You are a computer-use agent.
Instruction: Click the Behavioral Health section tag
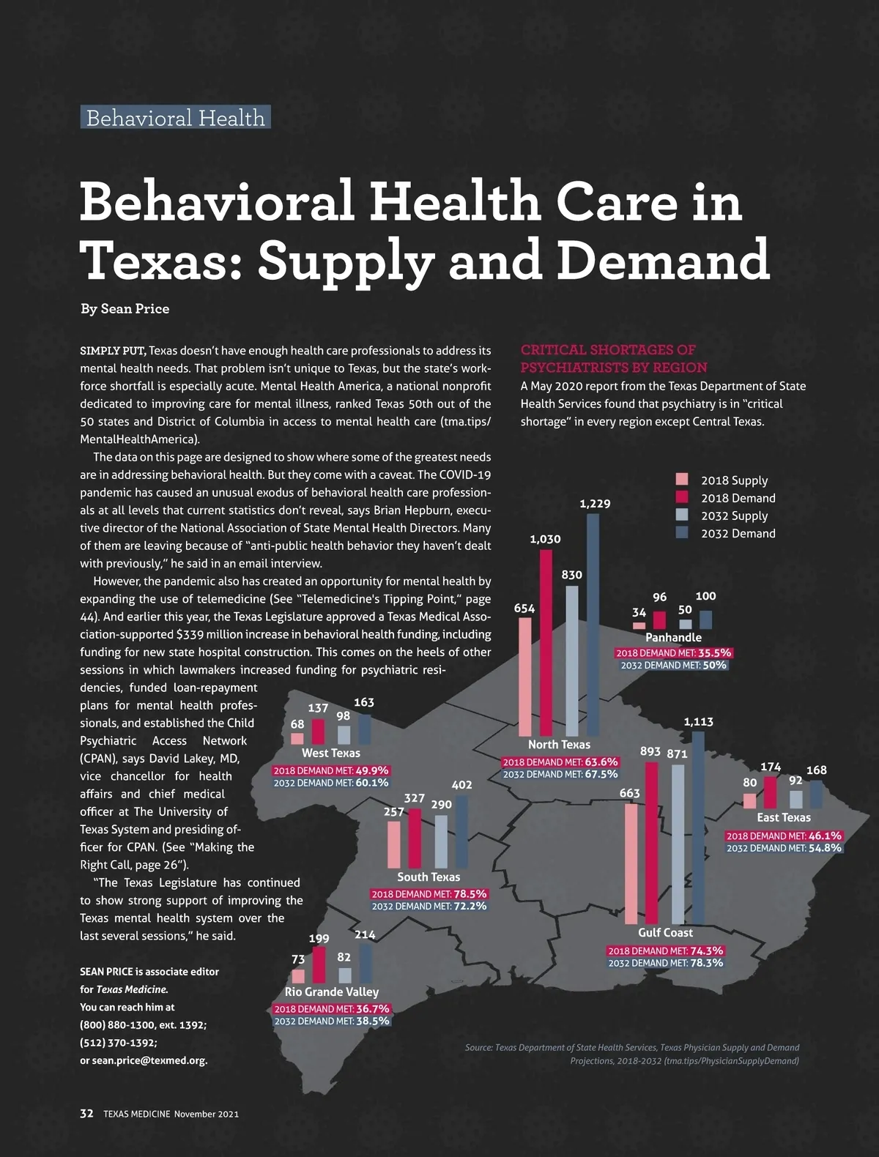pos(175,117)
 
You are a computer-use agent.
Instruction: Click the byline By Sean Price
pos(125,309)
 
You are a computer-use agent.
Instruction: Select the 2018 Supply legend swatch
pos(682,480)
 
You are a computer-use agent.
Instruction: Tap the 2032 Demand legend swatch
pos(682,533)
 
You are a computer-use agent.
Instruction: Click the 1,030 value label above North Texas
pos(545,539)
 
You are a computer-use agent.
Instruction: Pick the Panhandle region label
pos(673,638)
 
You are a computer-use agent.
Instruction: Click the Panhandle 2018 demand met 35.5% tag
pos(673,652)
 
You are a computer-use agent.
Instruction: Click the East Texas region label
pos(784,817)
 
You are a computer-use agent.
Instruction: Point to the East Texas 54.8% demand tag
pos(784,848)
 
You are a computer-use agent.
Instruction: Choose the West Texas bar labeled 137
pos(318,731)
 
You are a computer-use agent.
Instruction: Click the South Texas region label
pos(429,877)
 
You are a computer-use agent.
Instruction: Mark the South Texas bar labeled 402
pos(461,831)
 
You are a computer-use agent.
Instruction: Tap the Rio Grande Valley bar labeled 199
pos(319,964)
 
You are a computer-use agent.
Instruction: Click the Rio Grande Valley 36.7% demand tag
pos(332,1008)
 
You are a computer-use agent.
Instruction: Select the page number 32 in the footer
pos(86,1113)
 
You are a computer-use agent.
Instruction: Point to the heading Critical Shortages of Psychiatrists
pos(614,359)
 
